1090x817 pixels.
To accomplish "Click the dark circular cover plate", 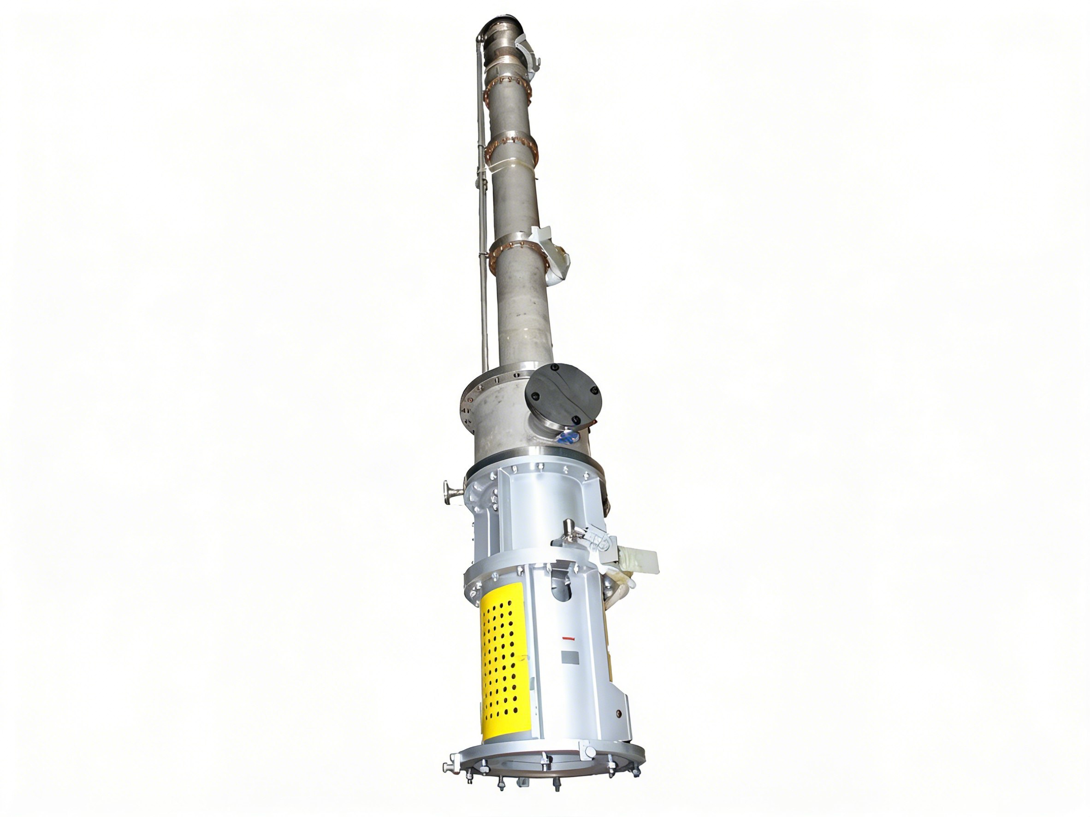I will pos(564,394).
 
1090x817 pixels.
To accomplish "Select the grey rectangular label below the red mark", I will pos(571,657).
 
